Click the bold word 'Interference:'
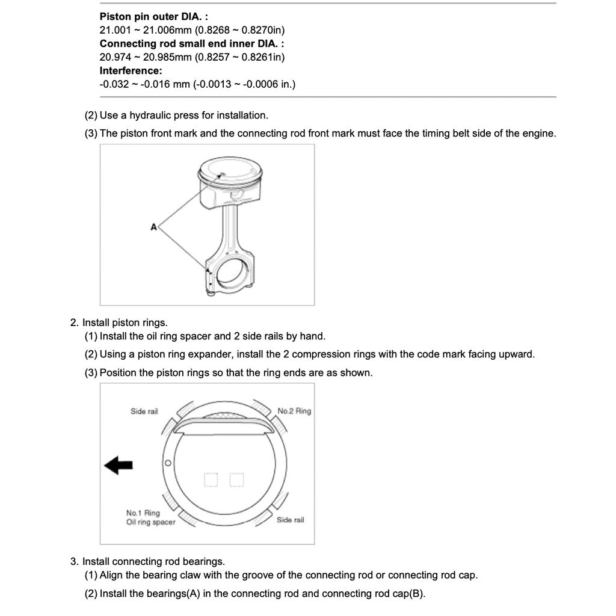click(x=131, y=70)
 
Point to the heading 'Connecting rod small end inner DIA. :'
click(x=192, y=44)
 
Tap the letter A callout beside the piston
click(x=153, y=227)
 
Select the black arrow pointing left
click(x=119, y=465)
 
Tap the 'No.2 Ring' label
click(x=294, y=411)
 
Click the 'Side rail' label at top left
click(x=144, y=411)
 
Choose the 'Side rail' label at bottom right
click(x=290, y=520)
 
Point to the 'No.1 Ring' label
click(x=143, y=513)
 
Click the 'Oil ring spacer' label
click(x=150, y=522)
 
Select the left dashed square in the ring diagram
click(x=211, y=479)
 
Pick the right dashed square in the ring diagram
click(x=237, y=479)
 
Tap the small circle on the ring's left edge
click(x=168, y=463)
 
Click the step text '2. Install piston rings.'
click(x=119, y=323)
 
